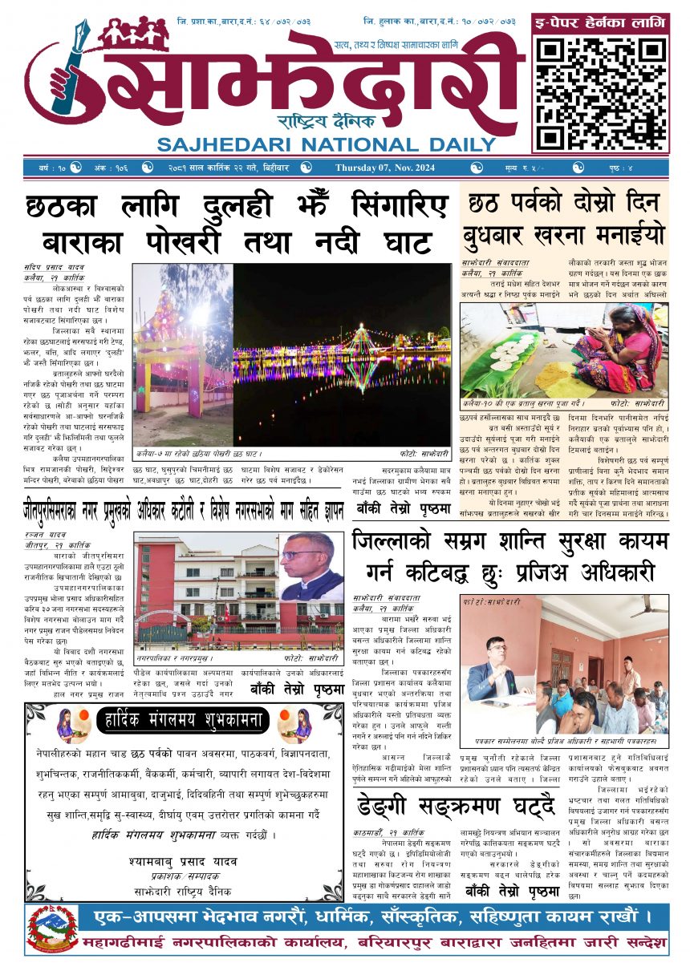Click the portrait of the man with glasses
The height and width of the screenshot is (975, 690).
click(x=310, y=567)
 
